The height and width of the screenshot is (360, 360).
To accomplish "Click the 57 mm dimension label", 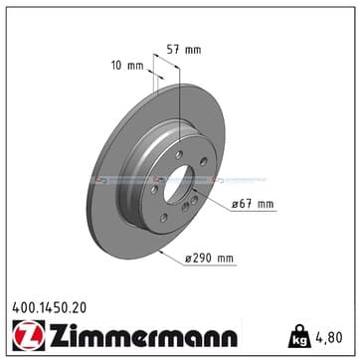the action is pos(183,50).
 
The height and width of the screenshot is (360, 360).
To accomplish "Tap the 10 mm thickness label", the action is pos(127,66).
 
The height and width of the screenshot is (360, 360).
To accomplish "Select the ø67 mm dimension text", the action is pos(253,204).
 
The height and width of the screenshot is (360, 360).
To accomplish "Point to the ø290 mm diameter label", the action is pos(209,259).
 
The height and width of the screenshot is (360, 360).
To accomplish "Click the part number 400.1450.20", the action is pos(49,308).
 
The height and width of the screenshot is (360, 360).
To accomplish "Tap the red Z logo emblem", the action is pos(29,335).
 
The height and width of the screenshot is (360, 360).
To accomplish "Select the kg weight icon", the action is pos(299,336).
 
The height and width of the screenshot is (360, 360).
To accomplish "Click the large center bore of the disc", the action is pos(178,184).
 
